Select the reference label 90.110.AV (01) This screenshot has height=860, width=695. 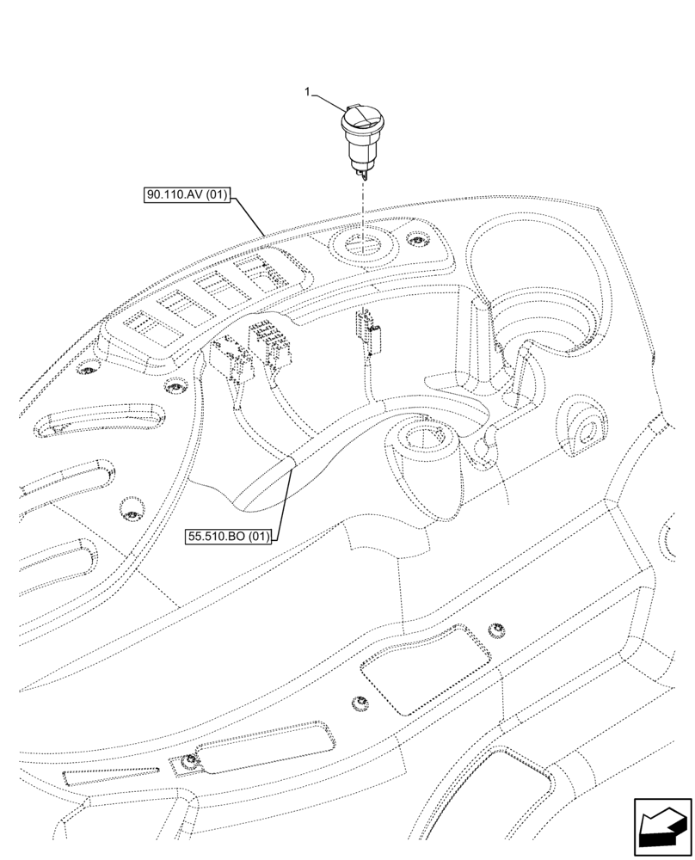[x=187, y=195]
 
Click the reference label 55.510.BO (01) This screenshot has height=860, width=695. [x=229, y=537]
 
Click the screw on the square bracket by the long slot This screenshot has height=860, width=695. [x=190, y=759]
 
